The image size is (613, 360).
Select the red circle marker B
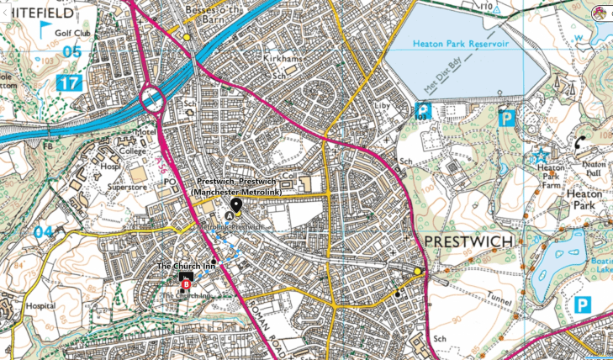186,284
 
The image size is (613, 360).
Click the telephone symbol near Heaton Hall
580,142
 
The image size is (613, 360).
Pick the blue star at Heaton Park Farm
541,157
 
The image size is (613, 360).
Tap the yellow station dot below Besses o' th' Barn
187,37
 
